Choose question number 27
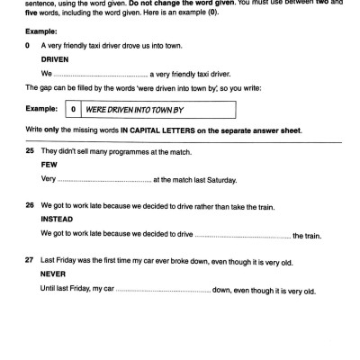[x=30, y=262]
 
